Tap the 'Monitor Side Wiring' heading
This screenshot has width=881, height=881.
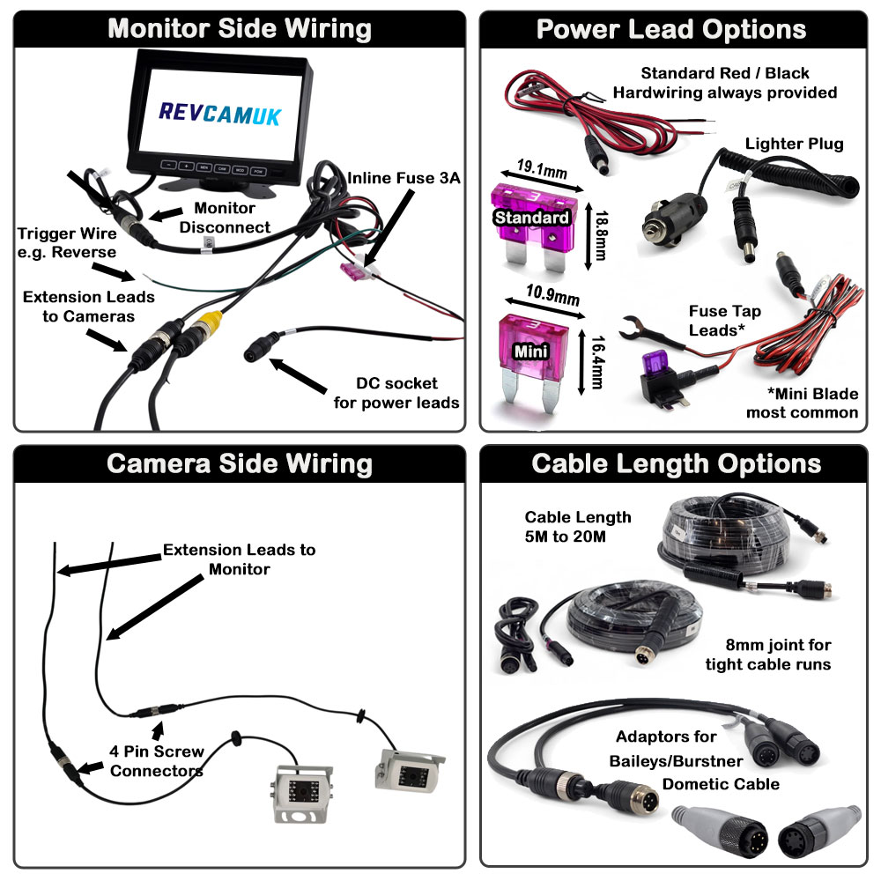coord(239,28)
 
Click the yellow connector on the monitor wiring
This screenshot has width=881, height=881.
coord(209,319)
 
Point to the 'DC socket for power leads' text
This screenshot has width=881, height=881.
coord(397,394)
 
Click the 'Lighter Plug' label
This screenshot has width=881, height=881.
coord(794,144)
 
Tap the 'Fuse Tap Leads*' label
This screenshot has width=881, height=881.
coord(724,320)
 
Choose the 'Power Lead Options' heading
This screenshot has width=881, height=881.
coord(670,29)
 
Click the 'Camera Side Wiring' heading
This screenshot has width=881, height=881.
coord(240,463)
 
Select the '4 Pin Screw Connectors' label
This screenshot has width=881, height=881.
coord(157,761)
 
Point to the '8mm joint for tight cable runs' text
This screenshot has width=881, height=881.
coord(767,655)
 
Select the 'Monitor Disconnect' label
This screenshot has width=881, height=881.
coord(225,218)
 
